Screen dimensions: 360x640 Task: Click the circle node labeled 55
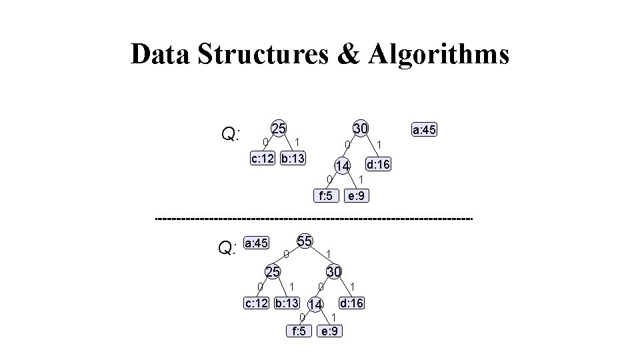click(x=305, y=241)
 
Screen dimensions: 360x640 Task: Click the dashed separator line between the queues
click(x=313, y=218)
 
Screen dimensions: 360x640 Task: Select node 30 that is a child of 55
click(x=334, y=271)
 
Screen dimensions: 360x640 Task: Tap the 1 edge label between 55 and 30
click(x=329, y=253)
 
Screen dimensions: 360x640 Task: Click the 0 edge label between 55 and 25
click(x=285, y=254)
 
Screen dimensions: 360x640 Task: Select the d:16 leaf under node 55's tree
click(x=351, y=303)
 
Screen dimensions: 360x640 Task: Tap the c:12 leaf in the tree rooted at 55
click(x=256, y=303)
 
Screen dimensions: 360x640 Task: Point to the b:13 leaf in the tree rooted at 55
click(x=287, y=303)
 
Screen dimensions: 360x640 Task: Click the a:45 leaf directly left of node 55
click(x=256, y=244)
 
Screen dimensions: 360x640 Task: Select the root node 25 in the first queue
click(x=279, y=128)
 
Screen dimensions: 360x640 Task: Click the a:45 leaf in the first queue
click(x=424, y=131)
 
